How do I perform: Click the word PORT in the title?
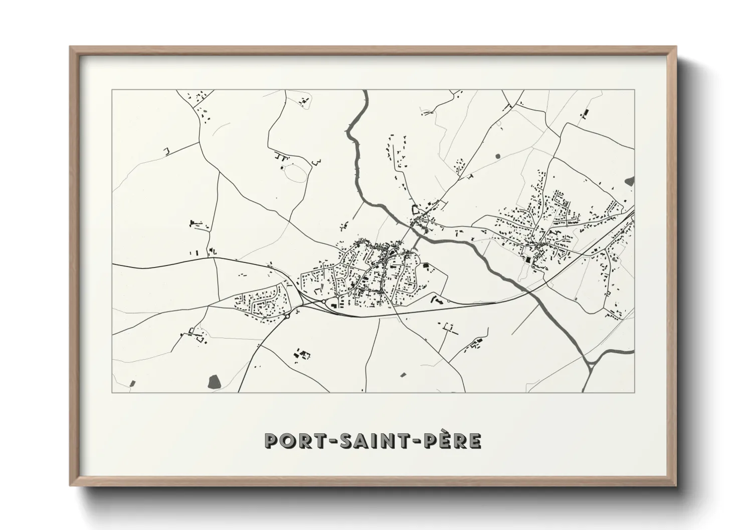tap(291, 441)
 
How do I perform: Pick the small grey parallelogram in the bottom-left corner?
tap(132, 384)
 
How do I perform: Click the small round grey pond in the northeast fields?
tap(498, 156)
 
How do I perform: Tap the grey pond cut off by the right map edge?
tap(630, 181)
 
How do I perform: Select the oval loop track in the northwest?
tap(295, 173)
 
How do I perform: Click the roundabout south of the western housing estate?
tap(288, 316)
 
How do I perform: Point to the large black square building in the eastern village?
tap(527, 260)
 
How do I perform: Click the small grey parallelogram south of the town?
tap(404, 374)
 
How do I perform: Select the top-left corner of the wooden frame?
tap(71, 47)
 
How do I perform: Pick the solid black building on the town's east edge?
tap(427, 266)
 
